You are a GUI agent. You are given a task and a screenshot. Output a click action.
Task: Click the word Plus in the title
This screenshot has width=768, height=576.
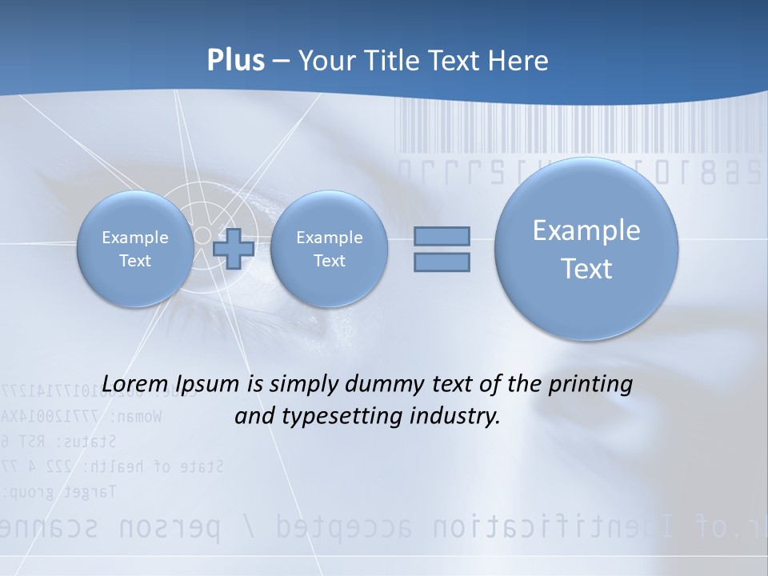click(235, 61)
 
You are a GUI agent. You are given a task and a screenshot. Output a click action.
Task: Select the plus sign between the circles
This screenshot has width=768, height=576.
click(234, 249)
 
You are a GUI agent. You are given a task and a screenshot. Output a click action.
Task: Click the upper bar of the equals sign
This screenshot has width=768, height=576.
click(442, 236)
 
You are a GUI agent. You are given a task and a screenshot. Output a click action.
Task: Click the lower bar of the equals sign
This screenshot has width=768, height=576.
click(442, 262)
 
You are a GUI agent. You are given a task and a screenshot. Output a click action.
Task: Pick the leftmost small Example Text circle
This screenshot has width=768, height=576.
click(134, 249)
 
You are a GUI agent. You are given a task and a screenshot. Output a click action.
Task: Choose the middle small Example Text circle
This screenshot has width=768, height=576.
click(329, 249)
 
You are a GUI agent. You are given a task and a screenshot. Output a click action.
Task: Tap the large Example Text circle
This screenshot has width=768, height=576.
click(586, 249)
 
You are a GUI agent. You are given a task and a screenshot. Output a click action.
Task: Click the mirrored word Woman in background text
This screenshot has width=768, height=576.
click(137, 417)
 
